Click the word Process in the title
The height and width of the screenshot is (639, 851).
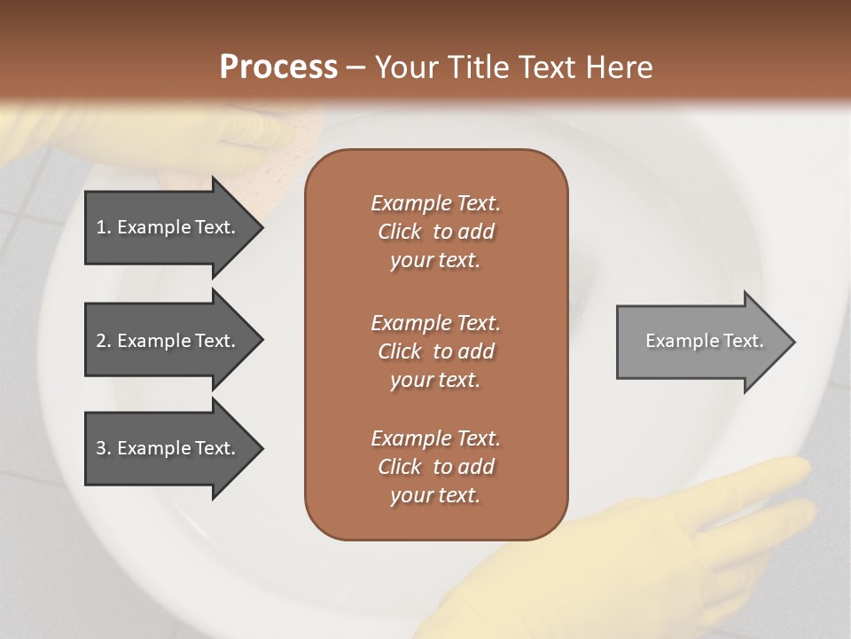(x=278, y=67)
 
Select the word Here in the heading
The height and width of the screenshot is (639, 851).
(x=620, y=67)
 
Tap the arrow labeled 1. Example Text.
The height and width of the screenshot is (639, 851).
(x=168, y=227)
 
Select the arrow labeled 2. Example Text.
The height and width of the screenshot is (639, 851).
(x=168, y=341)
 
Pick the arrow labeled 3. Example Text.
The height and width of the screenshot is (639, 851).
(x=168, y=448)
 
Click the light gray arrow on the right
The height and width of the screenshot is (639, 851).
(x=700, y=342)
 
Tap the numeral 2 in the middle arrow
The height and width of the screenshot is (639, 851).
(x=101, y=341)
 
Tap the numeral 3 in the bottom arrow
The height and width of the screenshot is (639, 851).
(x=101, y=448)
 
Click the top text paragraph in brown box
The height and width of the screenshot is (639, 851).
(x=435, y=232)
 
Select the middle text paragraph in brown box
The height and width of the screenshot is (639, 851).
(x=435, y=351)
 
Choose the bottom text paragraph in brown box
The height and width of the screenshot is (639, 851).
(x=435, y=467)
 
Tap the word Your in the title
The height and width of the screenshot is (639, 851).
(x=402, y=67)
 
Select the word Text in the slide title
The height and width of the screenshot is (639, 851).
(x=548, y=67)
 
